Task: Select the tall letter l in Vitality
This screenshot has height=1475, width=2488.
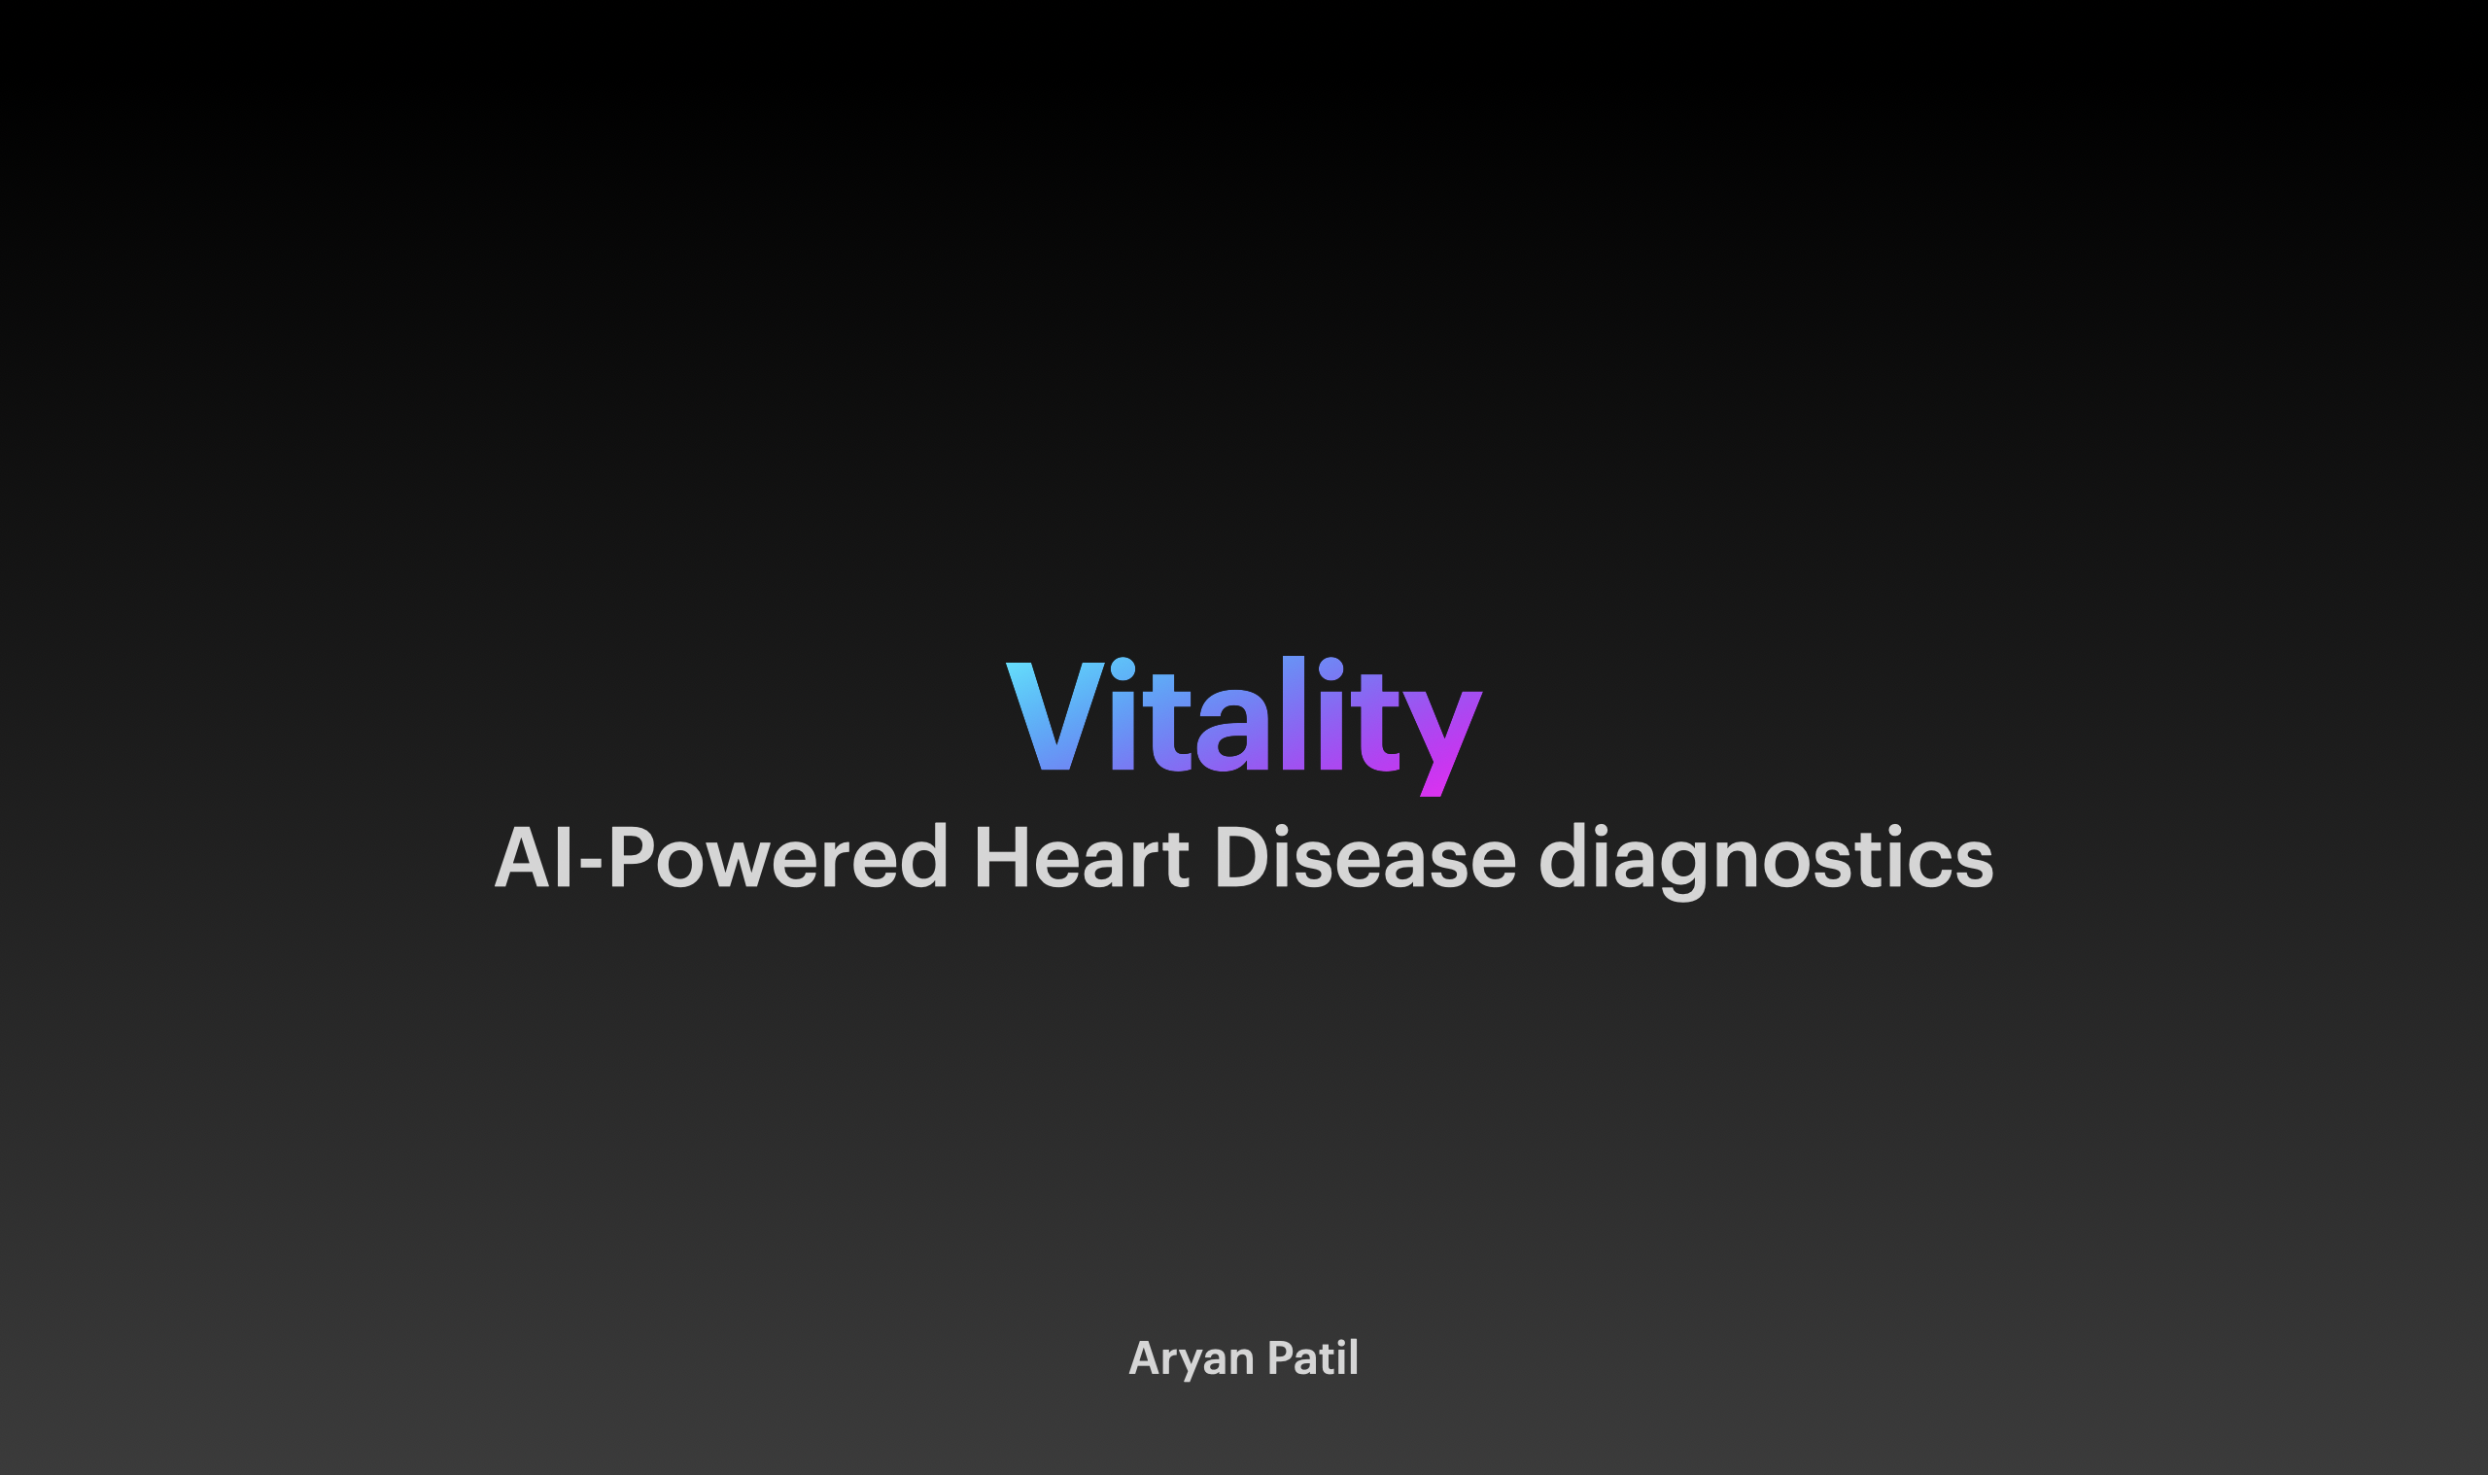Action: point(1293,712)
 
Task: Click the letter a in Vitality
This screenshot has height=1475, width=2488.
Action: point(1232,731)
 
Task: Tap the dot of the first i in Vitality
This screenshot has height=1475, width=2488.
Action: point(1123,669)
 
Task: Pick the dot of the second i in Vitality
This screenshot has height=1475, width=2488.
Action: point(1330,669)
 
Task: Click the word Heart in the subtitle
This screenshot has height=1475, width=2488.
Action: point(1082,857)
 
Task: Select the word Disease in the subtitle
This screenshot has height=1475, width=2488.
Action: point(1365,857)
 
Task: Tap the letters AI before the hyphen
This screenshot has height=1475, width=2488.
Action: point(533,857)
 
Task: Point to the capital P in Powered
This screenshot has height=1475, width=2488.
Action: point(631,857)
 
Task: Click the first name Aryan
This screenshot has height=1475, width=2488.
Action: point(1192,1358)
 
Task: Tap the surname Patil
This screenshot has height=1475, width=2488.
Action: point(1313,1357)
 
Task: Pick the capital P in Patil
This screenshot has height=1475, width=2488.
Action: point(1279,1358)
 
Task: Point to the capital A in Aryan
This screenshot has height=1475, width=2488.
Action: point(1143,1358)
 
